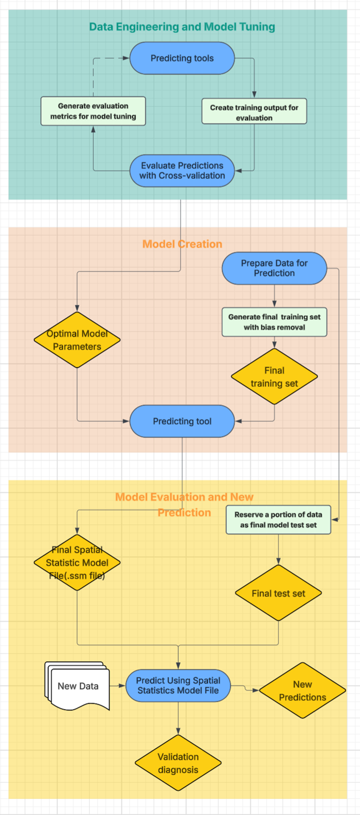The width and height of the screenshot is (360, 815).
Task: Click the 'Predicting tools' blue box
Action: (x=182, y=58)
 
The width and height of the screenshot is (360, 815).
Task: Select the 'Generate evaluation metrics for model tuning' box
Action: (x=93, y=111)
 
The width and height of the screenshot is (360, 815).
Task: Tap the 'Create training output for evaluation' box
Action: (x=254, y=112)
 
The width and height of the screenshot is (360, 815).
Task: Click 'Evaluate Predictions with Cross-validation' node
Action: (x=182, y=170)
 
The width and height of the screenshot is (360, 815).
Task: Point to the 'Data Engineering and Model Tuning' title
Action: (x=182, y=27)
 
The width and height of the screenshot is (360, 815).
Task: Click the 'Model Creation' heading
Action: (x=182, y=244)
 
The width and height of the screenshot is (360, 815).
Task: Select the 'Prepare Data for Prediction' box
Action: (x=274, y=268)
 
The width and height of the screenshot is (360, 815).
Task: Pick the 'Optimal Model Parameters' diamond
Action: (x=77, y=340)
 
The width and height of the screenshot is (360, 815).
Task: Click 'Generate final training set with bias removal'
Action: (x=274, y=322)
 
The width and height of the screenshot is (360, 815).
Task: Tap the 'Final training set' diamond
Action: (x=274, y=377)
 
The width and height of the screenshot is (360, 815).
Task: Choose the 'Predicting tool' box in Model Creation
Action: (x=182, y=421)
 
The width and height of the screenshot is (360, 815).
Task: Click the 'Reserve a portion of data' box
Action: (x=278, y=520)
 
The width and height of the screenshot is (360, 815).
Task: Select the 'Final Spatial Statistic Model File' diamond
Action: (x=77, y=562)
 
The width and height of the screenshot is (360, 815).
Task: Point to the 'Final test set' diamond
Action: (x=278, y=593)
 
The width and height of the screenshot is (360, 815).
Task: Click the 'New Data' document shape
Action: (x=77, y=686)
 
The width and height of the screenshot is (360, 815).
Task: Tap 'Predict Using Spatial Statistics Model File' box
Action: (x=178, y=685)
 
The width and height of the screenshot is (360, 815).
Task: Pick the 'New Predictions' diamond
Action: (x=302, y=691)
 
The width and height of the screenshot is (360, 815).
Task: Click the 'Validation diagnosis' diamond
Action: (x=178, y=763)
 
